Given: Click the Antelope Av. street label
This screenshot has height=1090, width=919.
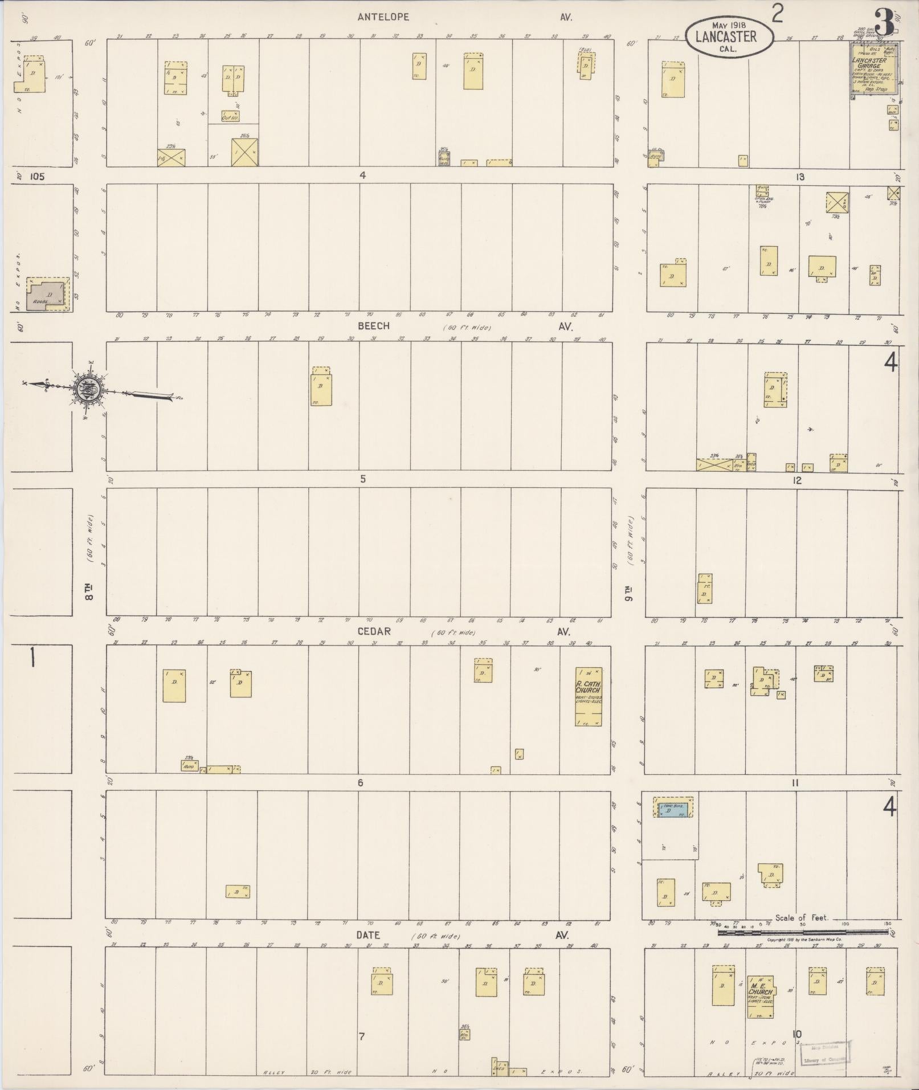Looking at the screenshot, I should (383, 17).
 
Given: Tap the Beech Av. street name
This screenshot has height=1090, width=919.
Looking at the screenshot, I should (374, 326).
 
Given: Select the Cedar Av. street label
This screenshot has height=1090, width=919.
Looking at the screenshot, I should (374, 631).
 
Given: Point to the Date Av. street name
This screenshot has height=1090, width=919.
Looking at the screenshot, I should (368, 935).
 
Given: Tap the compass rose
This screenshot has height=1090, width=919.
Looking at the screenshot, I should (88, 389).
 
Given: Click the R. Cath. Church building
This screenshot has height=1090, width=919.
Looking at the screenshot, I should (588, 696).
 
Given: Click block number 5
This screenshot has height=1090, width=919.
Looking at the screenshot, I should (362, 479).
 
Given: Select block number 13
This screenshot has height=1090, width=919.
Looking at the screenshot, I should (800, 177).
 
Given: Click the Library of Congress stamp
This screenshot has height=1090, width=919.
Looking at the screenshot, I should (825, 1052).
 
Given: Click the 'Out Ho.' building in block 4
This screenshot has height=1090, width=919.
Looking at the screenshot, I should (230, 116).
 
